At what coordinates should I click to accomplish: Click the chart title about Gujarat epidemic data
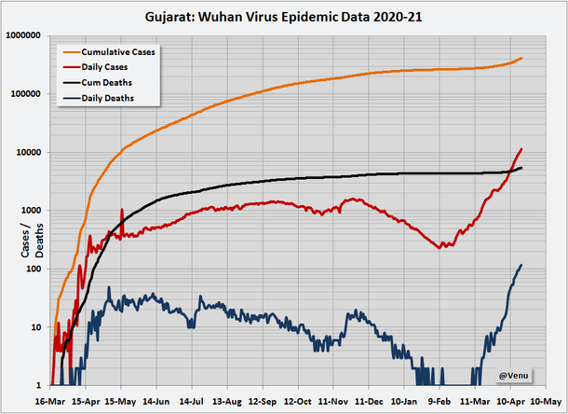click(x=284, y=16)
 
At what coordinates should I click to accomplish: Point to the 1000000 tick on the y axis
click(x=24, y=35)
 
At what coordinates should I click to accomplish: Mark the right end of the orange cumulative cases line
click(x=521, y=58)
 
